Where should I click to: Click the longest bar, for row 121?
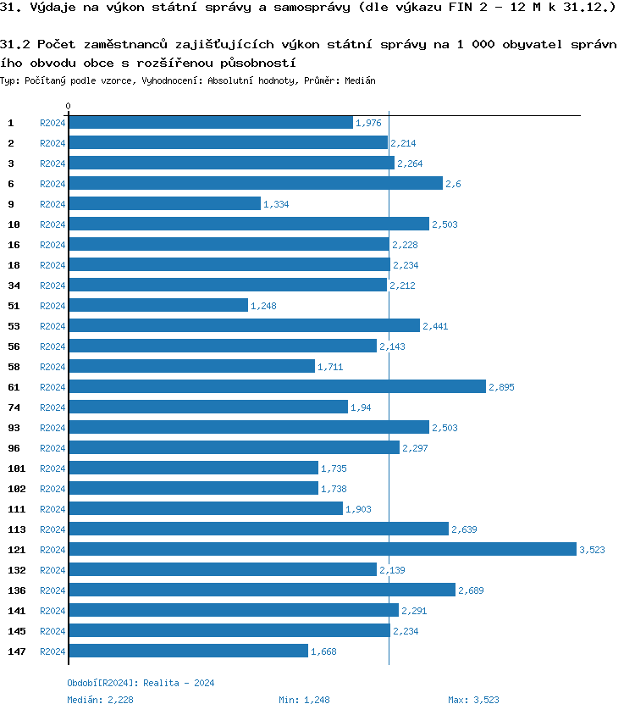click(322, 550)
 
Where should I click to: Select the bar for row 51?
click(157, 306)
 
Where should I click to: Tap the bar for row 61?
click(277, 387)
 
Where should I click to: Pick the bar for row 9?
click(164, 204)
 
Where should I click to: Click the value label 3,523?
click(592, 551)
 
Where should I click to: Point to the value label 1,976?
click(368, 124)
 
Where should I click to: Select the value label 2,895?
click(501, 388)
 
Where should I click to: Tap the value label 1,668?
click(323, 652)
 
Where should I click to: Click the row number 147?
click(16, 651)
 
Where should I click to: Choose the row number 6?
click(11, 184)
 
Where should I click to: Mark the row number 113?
click(16, 529)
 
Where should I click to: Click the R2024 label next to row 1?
click(52, 123)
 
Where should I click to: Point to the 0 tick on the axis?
click(68, 107)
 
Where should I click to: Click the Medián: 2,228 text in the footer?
click(100, 700)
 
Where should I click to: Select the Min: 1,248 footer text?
click(304, 700)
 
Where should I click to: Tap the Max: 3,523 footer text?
click(473, 700)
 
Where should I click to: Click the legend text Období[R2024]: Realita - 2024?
click(141, 683)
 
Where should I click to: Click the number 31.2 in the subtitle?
click(15, 42)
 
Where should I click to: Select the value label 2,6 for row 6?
click(453, 185)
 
